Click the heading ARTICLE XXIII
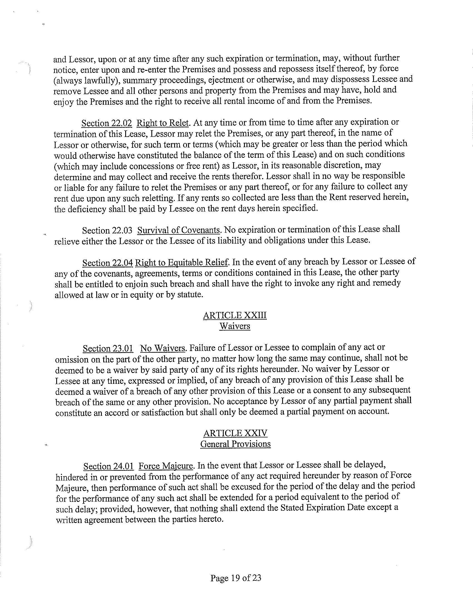click(x=235, y=315)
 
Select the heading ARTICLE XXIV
click(x=235, y=433)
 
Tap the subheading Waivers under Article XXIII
click(x=235, y=326)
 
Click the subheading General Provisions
click(x=235, y=444)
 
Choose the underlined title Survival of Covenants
click(x=179, y=230)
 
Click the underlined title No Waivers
click(x=163, y=348)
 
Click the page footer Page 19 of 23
click(x=236, y=577)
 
